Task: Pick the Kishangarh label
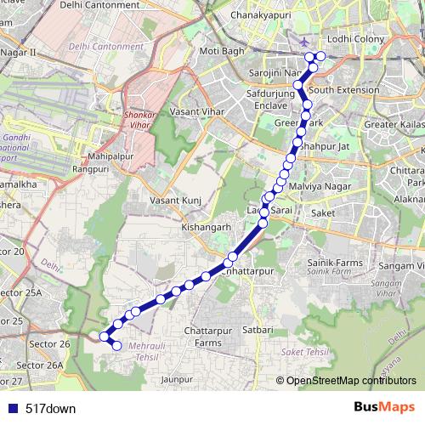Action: (x=206, y=228)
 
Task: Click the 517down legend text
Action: (x=50, y=409)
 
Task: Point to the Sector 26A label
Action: (x=40, y=365)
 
